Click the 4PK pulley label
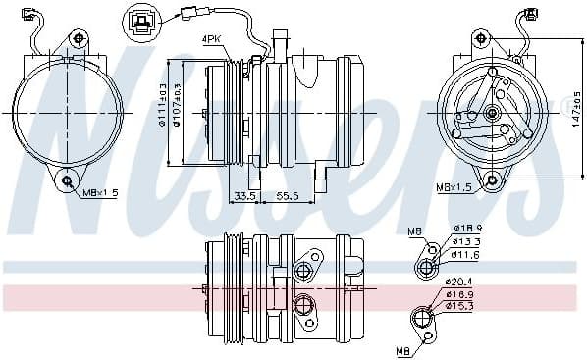pos(213,40)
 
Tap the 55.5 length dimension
pos(287,196)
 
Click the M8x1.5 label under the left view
pos(100,193)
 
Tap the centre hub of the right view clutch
pos(491,115)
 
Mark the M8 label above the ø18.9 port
pos(414,232)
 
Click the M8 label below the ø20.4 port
pos(401,349)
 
